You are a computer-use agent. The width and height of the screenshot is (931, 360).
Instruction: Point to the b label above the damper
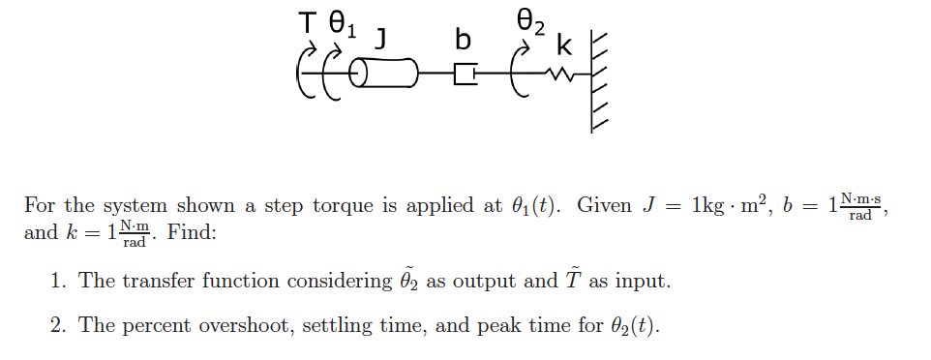[x=464, y=40]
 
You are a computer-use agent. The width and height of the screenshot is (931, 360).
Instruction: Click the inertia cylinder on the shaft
[x=383, y=73]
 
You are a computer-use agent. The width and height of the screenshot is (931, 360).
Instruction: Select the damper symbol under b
[x=465, y=73]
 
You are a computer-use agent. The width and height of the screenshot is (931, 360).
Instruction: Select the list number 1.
[x=58, y=282]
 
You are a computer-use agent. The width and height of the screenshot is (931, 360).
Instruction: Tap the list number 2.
[x=58, y=326]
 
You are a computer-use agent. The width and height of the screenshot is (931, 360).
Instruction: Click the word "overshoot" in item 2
[x=246, y=326]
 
